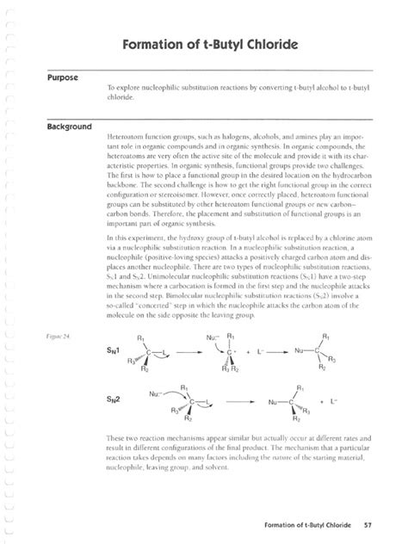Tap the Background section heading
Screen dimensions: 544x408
63,127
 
